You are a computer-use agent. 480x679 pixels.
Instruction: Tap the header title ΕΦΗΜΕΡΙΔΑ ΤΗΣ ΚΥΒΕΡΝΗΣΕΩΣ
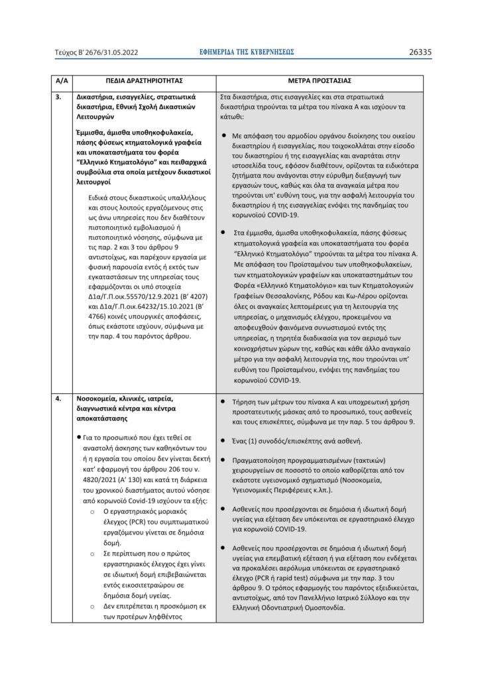pyautogui.click(x=246, y=51)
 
